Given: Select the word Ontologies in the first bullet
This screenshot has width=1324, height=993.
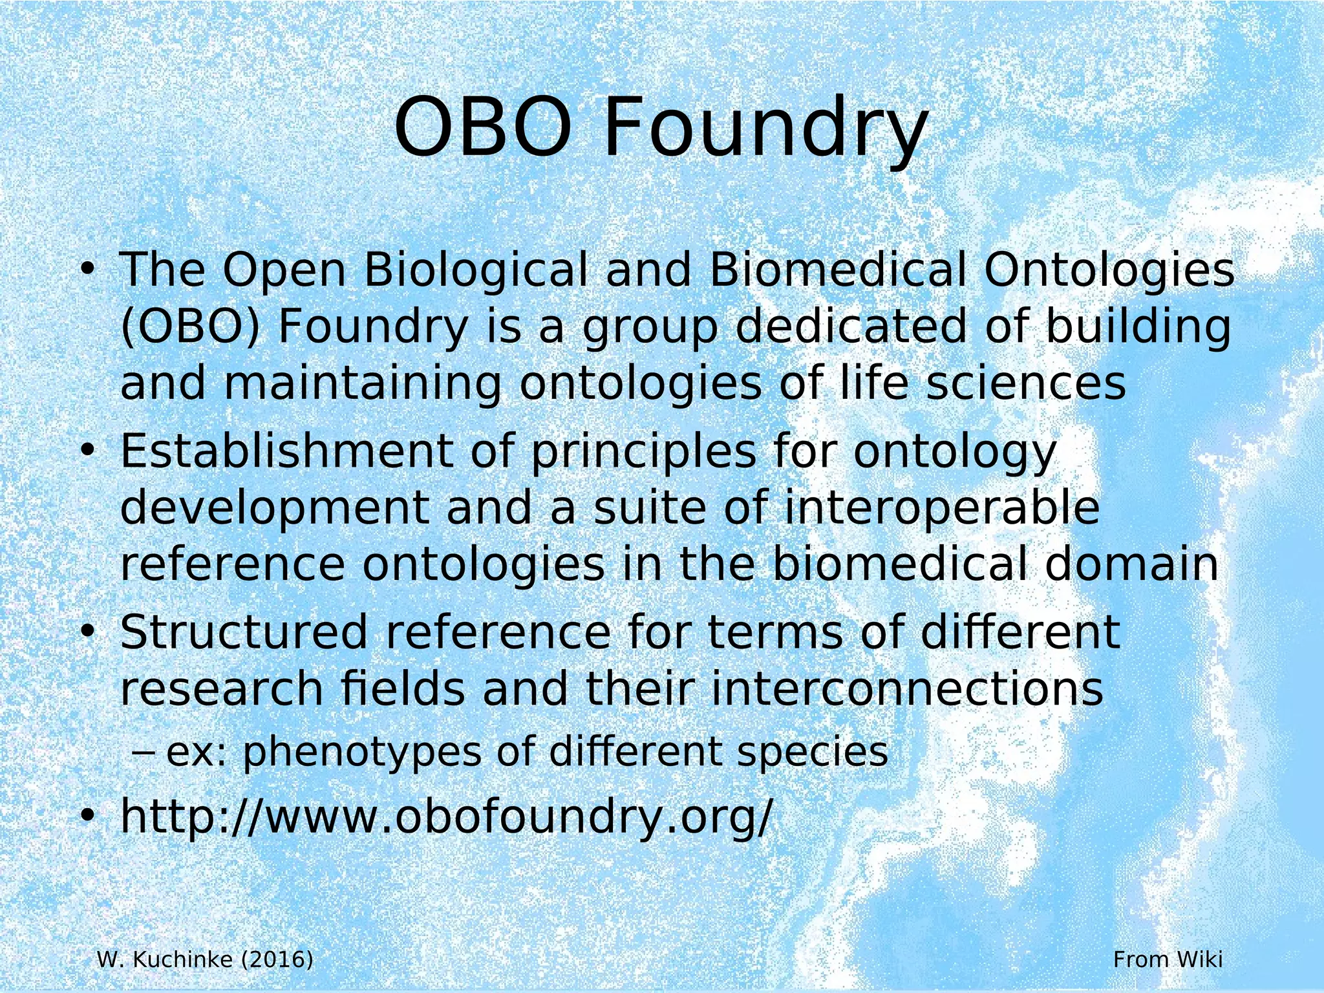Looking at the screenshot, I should click(x=1109, y=272).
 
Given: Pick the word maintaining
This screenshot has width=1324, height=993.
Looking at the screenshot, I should click(x=363, y=384).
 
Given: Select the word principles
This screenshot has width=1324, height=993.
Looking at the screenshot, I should click(x=643, y=453).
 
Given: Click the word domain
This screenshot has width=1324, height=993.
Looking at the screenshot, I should click(x=1131, y=564).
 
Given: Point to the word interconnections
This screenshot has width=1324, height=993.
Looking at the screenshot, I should click(x=908, y=689).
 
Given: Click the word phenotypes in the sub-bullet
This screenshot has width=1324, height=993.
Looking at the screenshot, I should click(x=363, y=753).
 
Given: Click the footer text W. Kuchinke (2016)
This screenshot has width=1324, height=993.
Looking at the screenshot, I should click(x=205, y=959).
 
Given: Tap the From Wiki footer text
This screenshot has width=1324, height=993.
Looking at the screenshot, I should click(x=1168, y=959).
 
